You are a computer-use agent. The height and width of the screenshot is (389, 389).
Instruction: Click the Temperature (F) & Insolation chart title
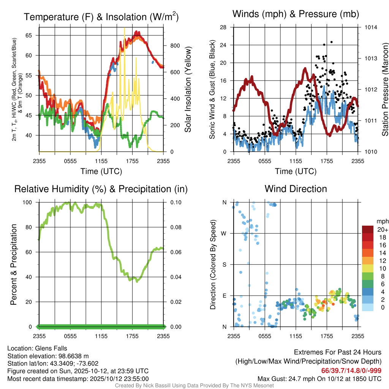coord(101,17)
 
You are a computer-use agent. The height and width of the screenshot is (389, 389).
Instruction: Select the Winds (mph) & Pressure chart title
coord(296,14)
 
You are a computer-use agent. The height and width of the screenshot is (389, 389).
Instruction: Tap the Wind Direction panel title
coord(296,189)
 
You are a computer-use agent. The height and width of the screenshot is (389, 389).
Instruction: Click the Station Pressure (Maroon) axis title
coord(385,91)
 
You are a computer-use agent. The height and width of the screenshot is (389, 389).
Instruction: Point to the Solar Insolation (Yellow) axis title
coord(187,90)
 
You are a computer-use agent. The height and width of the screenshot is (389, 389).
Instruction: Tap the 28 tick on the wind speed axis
coord(223,27)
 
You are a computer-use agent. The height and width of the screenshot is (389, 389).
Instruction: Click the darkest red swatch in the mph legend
coord(368,229)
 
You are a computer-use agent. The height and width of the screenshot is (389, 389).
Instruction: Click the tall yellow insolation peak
coord(124,29)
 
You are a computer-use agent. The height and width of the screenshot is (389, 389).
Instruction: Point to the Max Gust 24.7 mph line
coord(319,379)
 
